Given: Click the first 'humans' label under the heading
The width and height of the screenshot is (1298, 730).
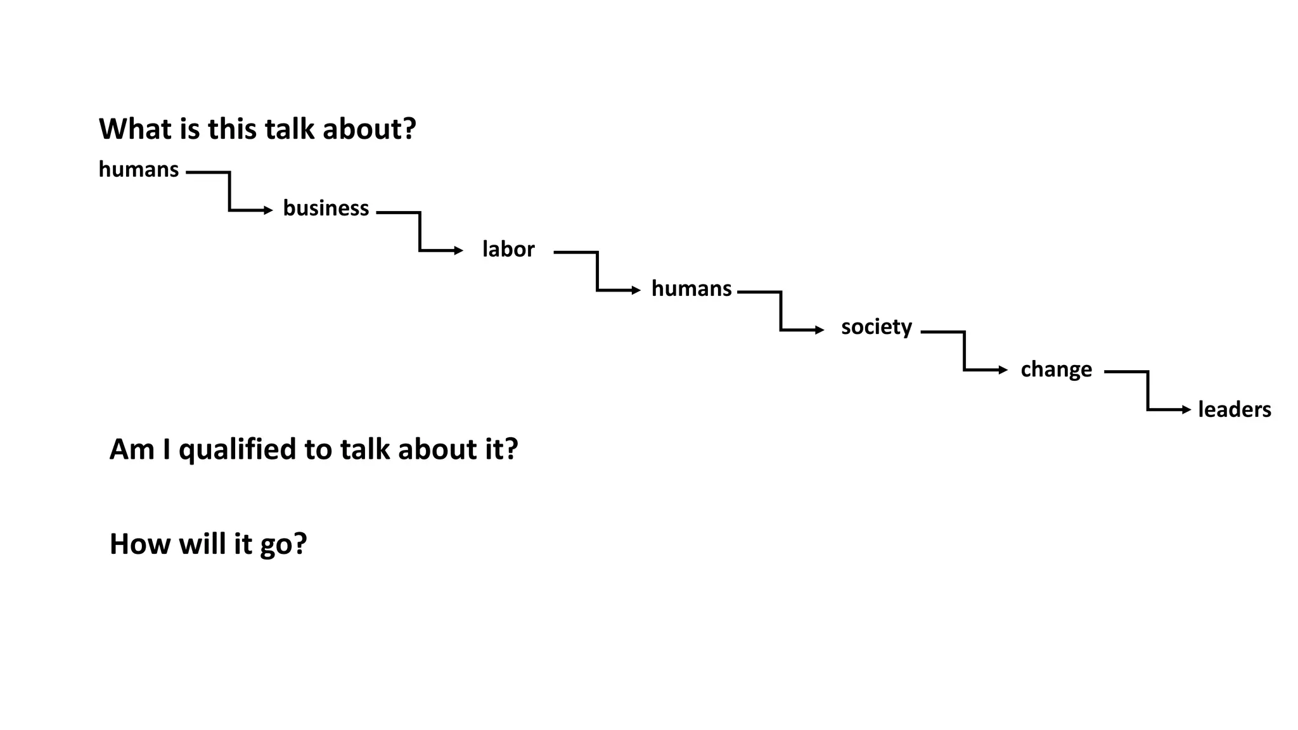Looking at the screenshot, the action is (x=139, y=170).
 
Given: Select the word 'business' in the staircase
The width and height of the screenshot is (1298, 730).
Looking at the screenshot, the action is (x=326, y=208).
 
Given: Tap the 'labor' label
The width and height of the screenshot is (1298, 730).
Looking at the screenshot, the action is (x=508, y=249).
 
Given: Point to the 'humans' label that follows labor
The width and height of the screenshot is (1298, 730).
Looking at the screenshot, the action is (x=691, y=289).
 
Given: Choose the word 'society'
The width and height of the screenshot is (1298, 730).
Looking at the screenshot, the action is (x=877, y=328).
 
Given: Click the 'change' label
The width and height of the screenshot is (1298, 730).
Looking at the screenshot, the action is (x=1056, y=369).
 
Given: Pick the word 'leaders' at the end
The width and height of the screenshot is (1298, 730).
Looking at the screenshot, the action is (x=1234, y=409).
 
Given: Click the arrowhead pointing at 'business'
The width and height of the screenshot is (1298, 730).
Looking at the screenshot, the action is (x=268, y=210).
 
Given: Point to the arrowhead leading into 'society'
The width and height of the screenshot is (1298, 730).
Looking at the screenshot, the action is (x=819, y=330).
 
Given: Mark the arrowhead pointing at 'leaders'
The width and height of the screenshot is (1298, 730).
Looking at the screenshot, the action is (x=1186, y=410).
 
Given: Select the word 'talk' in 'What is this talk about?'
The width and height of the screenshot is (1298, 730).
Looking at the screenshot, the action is (x=289, y=129).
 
